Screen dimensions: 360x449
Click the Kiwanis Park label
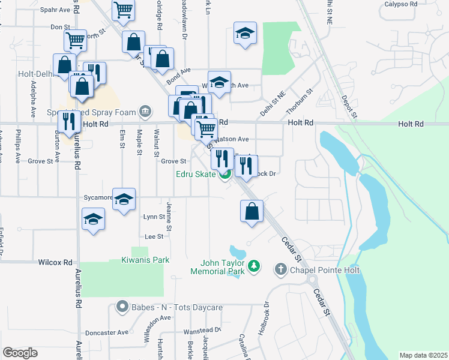(146, 260)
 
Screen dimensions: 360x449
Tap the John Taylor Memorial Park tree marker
(254, 265)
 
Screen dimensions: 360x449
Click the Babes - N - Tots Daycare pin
(122, 307)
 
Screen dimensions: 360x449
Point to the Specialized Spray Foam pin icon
(145, 111)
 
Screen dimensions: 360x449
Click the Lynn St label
(154, 217)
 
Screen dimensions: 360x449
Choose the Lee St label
(155, 236)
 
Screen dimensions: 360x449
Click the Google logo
(20, 353)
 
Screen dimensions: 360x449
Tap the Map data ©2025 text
(423, 355)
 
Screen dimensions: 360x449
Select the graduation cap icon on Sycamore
(124, 199)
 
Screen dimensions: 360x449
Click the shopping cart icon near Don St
(75, 40)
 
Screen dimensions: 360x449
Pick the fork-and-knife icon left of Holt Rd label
(69, 121)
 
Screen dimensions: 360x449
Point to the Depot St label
(349, 106)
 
